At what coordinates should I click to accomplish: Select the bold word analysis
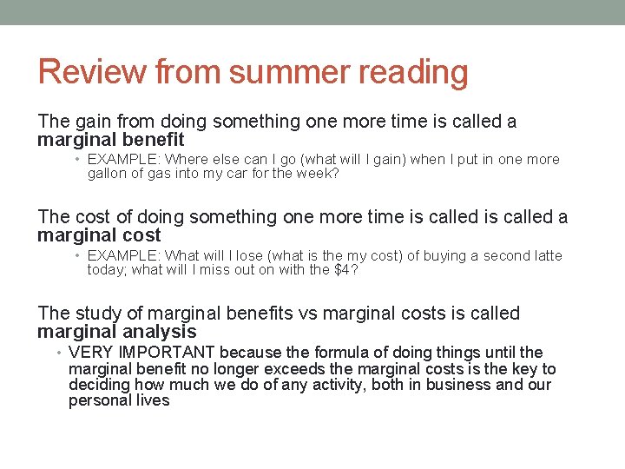coord(154,332)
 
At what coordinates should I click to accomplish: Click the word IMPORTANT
coord(163,353)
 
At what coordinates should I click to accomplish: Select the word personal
coord(98,401)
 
